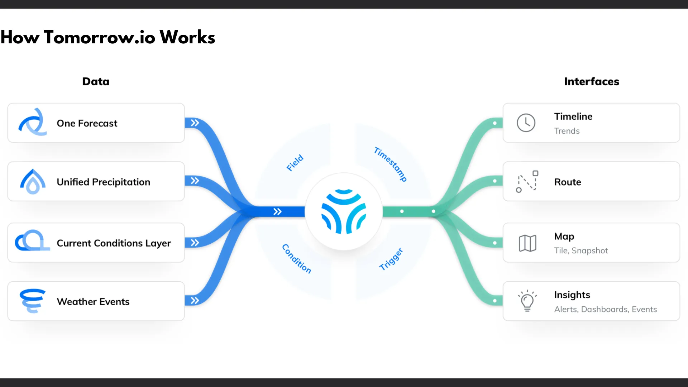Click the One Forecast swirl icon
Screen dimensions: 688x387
tap(33, 122)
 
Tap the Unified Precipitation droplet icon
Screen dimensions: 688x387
tap(33, 182)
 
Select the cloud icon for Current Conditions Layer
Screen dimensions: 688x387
tap(32, 241)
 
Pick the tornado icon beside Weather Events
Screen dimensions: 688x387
tap(33, 301)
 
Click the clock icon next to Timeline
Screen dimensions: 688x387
tap(526, 123)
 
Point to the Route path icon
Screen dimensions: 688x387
tap(527, 182)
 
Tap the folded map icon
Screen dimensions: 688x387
tap(527, 243)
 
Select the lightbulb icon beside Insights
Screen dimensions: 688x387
tap(527, 301)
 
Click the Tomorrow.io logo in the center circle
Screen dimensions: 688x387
tap(344, 211)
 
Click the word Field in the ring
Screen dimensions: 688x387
tap(295, 163)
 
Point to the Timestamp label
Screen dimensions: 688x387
tap(390, 164)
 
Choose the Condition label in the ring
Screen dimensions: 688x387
tap(296, 259)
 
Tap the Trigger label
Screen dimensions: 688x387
tap(391, 259)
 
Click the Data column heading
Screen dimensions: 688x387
tap(96, 82)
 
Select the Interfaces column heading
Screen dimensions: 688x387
tap(592, 82)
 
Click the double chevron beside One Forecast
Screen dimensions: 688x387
tap(195, 123)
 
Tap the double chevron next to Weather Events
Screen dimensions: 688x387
tap(195, 300)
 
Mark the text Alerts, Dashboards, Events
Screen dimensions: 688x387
tap(605, 309)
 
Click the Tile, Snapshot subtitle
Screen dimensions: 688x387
tap(581, 250)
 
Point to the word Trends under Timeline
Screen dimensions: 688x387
tap(567, 131)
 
